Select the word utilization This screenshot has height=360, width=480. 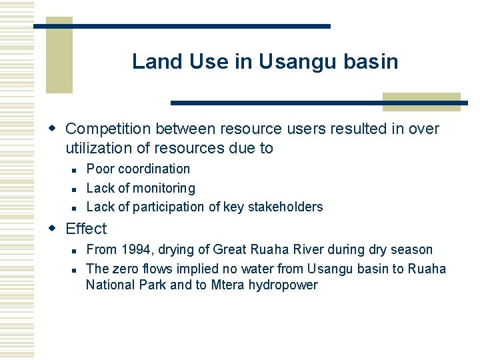coord(100,148)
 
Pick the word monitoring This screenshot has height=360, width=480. coord(164,188)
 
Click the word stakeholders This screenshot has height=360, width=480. coord(285,207)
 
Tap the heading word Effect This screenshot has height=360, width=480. coord(86,229)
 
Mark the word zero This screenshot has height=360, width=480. coord(125,269)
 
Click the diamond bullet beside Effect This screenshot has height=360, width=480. coord(55,229)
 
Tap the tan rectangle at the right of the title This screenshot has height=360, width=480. coord(421,101)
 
